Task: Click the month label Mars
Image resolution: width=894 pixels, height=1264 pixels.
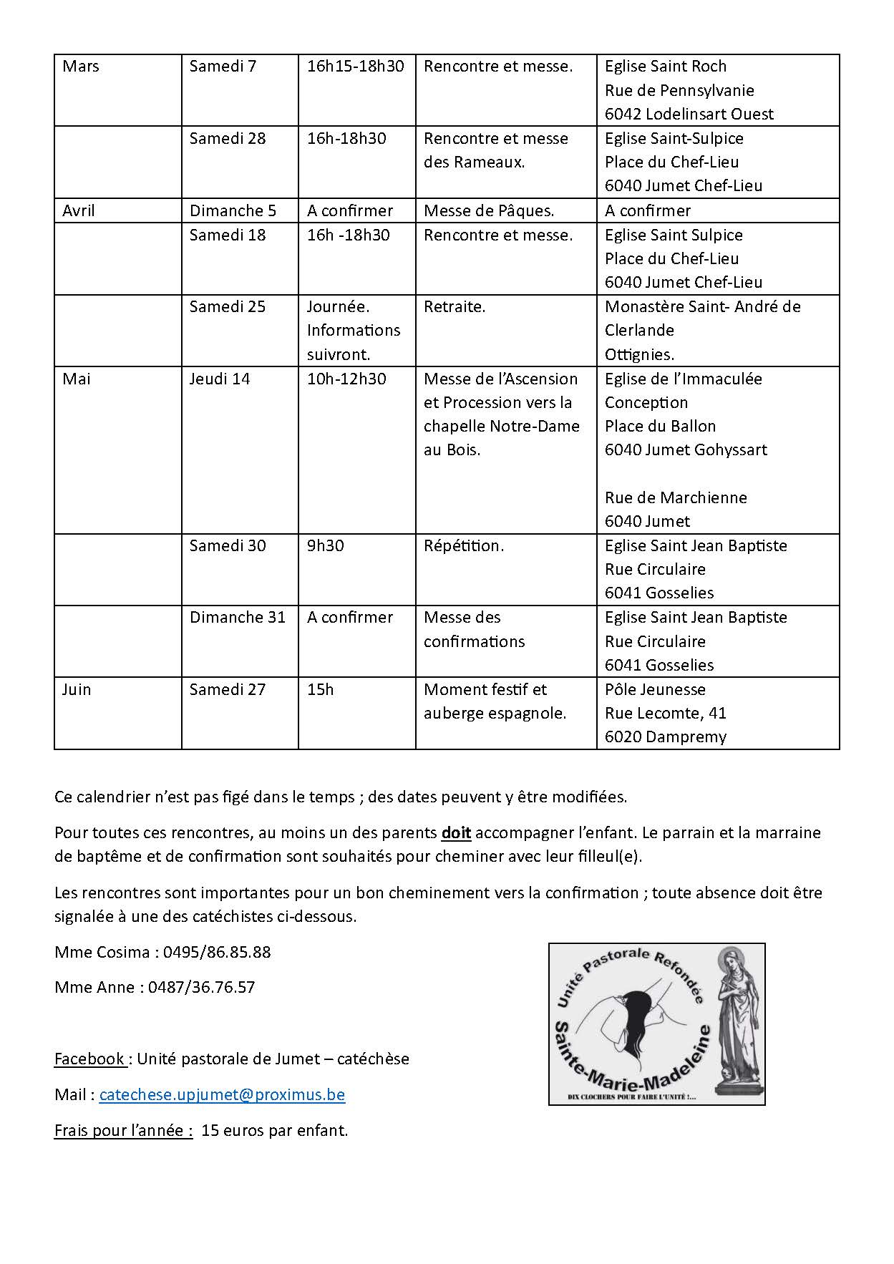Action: [x=81, y=67]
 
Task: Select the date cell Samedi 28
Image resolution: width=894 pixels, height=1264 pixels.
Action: [x=227, y=138]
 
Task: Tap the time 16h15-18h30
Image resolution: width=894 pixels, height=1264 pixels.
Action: [x=355, y=67]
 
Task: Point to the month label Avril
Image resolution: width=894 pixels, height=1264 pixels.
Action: [x=79, y=210]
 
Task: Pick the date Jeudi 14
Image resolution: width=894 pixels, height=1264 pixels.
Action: [x=219, y=379]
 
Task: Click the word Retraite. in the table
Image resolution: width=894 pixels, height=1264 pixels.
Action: [x=455, y=306]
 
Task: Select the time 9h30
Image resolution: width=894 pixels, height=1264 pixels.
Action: [x=325, y=545]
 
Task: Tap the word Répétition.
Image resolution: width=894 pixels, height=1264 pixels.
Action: [x=464, y=545]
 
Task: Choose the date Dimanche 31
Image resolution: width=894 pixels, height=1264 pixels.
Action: [x=237, y=617]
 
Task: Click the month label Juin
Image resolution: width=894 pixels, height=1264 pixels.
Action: [x=76, y=689]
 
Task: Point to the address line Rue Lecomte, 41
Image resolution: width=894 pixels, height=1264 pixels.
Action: [x=665, y=713]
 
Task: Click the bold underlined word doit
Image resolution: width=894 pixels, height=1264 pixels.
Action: [x=456, y=832]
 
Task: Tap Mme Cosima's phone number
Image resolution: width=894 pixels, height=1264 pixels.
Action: [x=217, y=952]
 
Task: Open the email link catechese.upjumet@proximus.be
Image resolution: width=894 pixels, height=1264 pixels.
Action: [x=222, y=1094]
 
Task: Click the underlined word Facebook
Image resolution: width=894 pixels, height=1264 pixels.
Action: [x=89, y=1059]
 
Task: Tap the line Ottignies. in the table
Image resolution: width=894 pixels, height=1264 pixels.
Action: [x=639, y=354]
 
